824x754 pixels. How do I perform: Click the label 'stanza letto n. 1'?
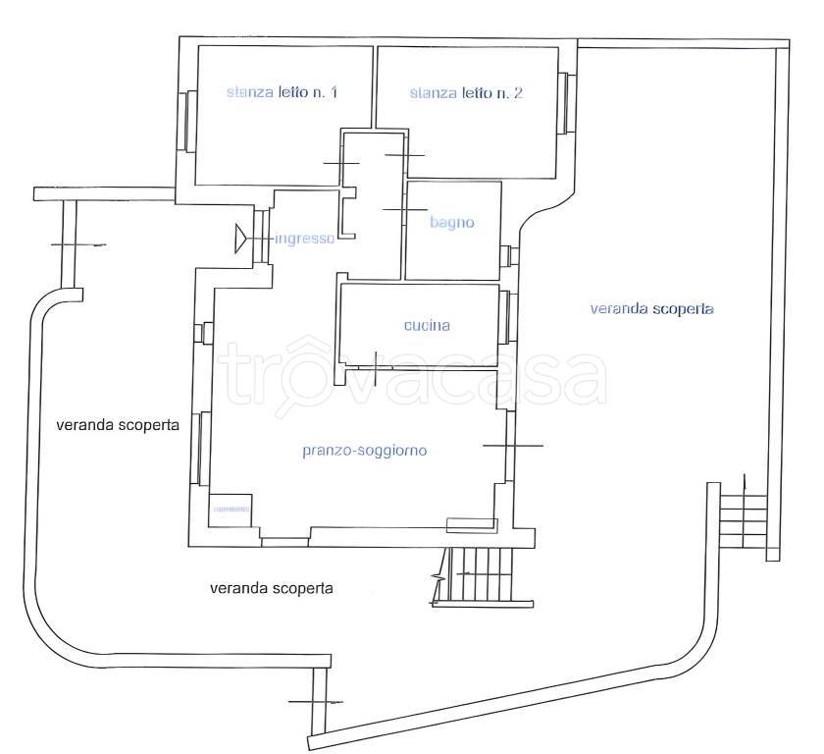(x=282, y=92)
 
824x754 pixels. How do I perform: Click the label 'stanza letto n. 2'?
(x=466, y=93)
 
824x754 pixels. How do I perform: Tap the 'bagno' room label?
(x=452, y=223)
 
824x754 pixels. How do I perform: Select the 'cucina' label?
(x=427, y=326)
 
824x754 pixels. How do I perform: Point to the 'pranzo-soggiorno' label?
(x=365, y=451)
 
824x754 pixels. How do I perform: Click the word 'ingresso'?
(x=305, y=239)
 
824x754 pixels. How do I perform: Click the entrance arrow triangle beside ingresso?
(x=240, y=239)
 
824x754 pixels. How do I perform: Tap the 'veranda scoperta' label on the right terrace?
(x=651, y=308)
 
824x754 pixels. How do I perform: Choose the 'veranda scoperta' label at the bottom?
(x=271, y=588)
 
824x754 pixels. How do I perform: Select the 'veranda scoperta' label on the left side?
(x=118, y=425)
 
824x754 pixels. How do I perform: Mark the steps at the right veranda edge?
(x=743, y=521)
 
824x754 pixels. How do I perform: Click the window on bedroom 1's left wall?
(x=187, y=121)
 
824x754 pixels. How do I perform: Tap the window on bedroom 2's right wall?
(x=567, y=103)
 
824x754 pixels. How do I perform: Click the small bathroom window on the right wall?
(x=510, y=255)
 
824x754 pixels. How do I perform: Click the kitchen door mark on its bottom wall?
(x=376, y=366)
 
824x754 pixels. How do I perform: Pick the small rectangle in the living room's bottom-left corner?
(x=231, y=510)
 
